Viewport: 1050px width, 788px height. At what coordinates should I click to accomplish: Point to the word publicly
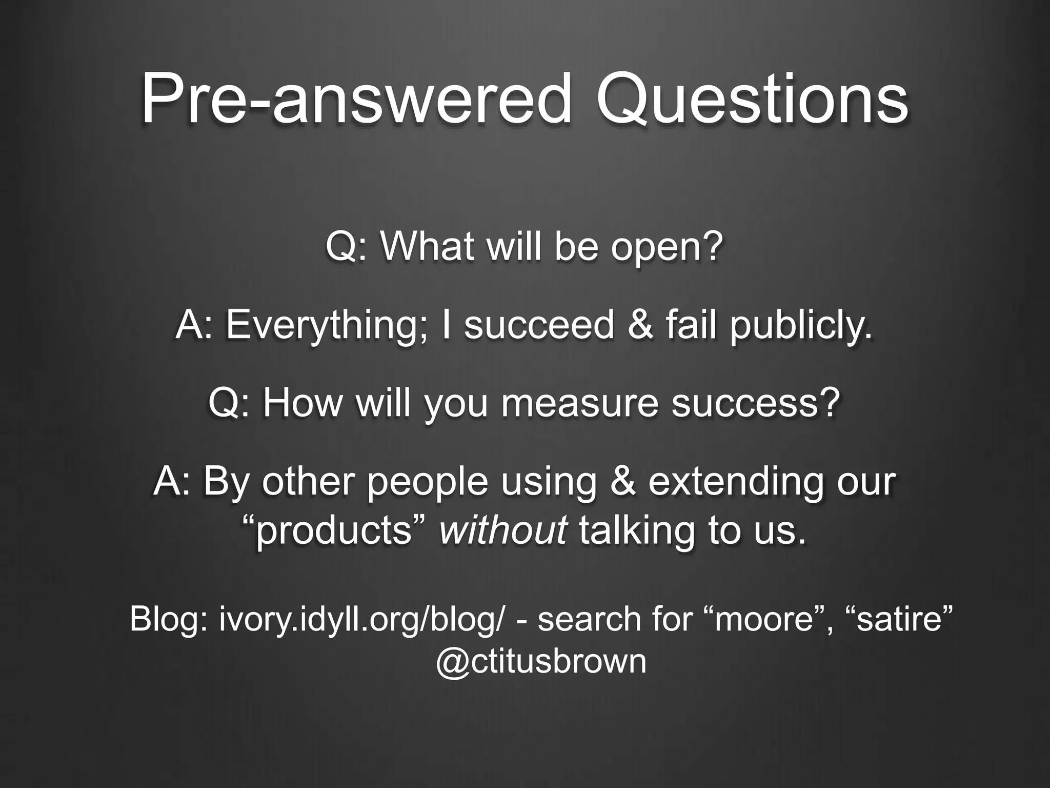pyautogui.click(x=801, y=326)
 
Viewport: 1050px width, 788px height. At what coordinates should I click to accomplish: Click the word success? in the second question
pyautogui.click(x=756, y=404)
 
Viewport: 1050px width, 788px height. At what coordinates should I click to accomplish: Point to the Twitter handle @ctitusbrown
pyautogui.click(x=541, y=661)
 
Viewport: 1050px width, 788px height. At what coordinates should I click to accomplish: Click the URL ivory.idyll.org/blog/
pyautogui.click(x=364, y=619)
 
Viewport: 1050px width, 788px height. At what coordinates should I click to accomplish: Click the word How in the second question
pyautogui.click(x=302, y=404)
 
